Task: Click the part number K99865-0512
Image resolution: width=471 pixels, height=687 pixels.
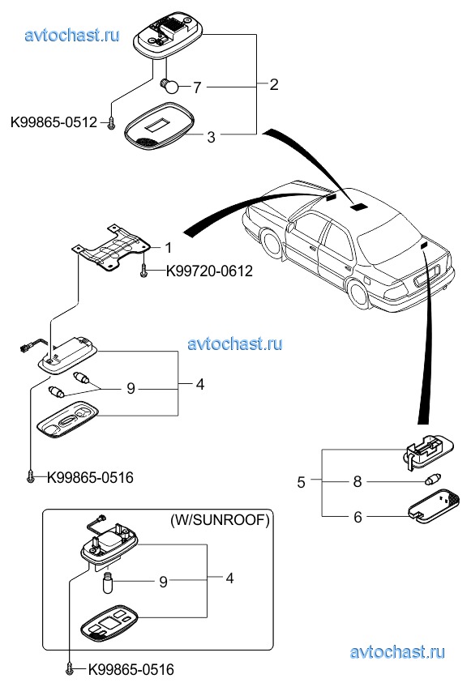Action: coord(54,122)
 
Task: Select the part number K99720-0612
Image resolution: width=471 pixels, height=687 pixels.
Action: coord(209,271)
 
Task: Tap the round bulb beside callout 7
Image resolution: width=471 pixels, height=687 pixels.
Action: coord(169,85)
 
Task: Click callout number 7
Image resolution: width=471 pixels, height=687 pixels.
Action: coord(197,87)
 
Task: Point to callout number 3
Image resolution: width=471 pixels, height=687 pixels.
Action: coord(211,137)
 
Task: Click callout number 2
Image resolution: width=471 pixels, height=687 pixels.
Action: coord(274,84)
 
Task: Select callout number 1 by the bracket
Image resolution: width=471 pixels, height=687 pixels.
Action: coord(169,248)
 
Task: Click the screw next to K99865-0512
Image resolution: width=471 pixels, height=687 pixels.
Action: coord(111,124)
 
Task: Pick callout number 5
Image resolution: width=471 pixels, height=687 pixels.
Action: coord(301,482)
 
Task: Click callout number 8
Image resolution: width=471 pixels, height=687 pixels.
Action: coord(358,481)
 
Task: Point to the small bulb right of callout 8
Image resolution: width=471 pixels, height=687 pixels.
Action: coord(433,480)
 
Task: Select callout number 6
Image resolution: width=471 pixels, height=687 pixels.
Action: coord(358,517)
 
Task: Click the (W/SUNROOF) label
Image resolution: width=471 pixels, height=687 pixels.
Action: coord(220,520)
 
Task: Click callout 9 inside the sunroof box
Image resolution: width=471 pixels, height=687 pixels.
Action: coord(163,582)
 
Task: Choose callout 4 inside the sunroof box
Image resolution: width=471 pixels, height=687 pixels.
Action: coord(229,578)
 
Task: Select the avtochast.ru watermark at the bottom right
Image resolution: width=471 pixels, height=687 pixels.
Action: coord(398,652)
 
